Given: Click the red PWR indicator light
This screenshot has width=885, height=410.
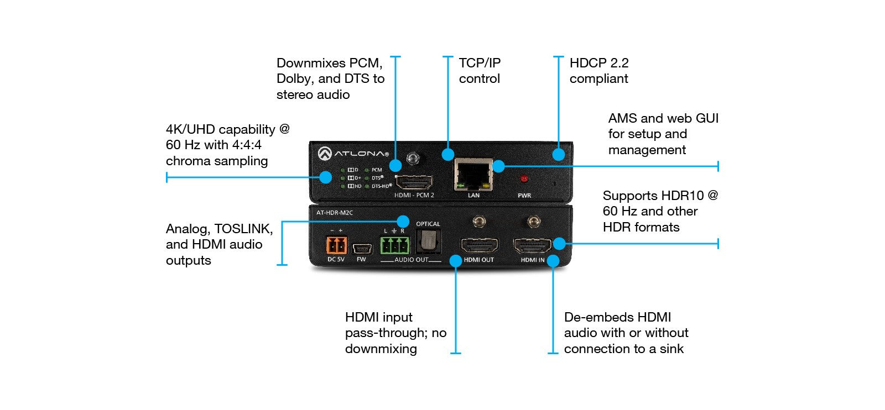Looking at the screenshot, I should point(524,178).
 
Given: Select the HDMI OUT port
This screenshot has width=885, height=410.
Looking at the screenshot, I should point(479,245).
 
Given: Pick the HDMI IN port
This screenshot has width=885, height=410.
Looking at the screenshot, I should point(532,245).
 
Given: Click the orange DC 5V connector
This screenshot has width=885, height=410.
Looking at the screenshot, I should point(336,245).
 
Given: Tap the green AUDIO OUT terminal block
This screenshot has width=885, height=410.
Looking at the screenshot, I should point(394,245).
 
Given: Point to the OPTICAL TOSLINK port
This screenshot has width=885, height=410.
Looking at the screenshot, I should point(428,240).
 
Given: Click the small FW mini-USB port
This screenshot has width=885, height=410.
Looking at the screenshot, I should point(361,247).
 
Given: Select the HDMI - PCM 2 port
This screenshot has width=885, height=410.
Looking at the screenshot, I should point(414,182).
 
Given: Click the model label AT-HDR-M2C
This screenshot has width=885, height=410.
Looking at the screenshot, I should point(334,213).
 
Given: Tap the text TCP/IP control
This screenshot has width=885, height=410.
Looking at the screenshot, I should point(480,71).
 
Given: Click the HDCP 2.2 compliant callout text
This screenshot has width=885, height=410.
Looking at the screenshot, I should point(599,71).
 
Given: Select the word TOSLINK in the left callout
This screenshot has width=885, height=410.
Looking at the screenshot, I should point(243,229).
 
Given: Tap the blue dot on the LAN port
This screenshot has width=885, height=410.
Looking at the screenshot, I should point(498,166).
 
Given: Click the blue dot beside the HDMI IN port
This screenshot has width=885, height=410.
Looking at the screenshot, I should point(559,243).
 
